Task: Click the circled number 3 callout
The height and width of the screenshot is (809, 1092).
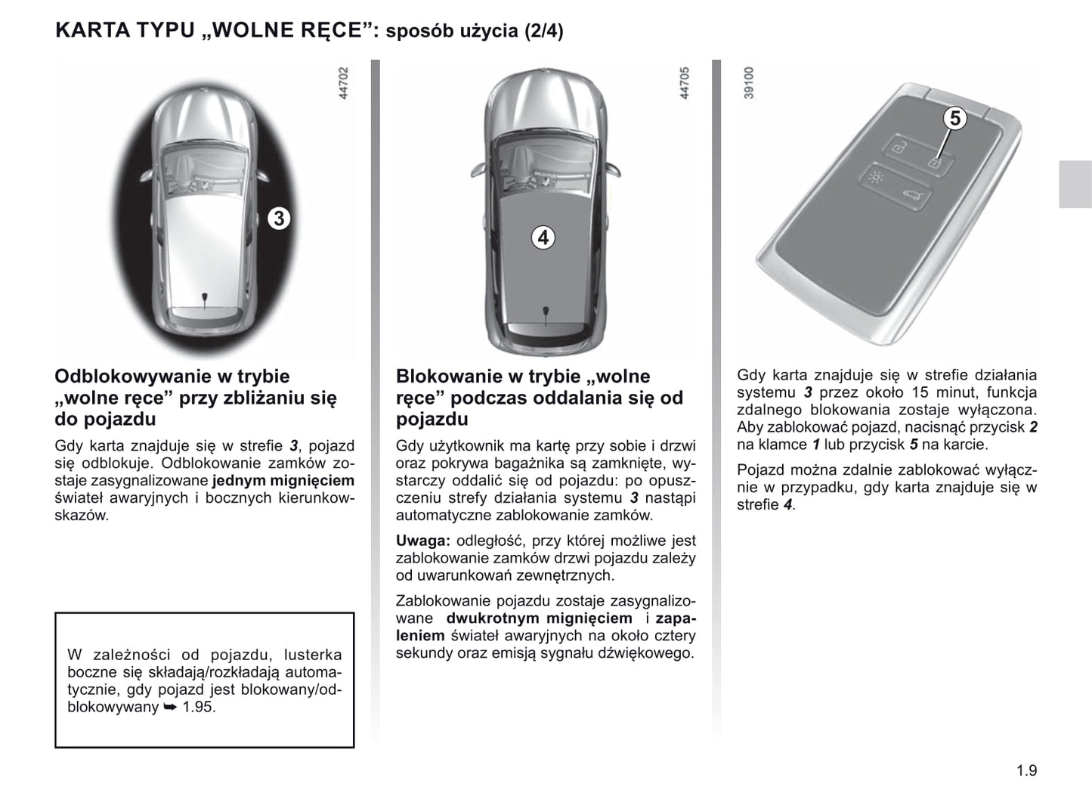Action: click(x=279, y=219)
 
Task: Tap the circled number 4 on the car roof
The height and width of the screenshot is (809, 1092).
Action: click(x=543, y=237)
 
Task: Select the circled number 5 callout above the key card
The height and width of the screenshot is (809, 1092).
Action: click(x=955, y=119)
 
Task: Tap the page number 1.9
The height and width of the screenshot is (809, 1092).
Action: click(x=1026, y=771)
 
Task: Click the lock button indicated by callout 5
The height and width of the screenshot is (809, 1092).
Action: click(x=934, y=163)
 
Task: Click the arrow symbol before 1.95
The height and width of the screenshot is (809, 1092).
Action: click(x=169, y=708)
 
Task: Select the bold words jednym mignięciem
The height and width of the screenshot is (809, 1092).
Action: click(x=283, y=481)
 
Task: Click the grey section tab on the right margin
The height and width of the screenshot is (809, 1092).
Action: click(x=1075, y=184)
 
